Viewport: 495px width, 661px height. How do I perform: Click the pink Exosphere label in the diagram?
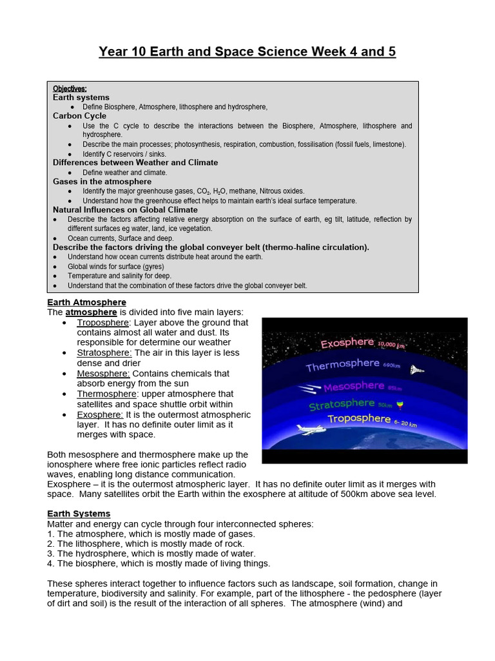pyautogui.click(x=347, y=342)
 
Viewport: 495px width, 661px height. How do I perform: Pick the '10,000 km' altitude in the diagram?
pyautogui.click(x=391, y=345)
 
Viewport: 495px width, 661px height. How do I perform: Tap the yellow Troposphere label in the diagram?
pyautogui.click(x=359, y=418)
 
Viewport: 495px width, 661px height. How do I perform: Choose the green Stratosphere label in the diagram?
pyautogui.click(x=342, y=405)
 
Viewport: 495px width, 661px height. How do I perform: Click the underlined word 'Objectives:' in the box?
pyautogui.click(x=70, y=88)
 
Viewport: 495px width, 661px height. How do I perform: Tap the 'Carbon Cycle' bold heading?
pyautogui.click(x=79, y=116)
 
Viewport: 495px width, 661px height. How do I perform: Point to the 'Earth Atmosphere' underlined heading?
pyautogui.click(x=86, y=302)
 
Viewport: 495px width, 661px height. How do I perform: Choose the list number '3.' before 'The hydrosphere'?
pyautogui.click(x=51, y=553)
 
